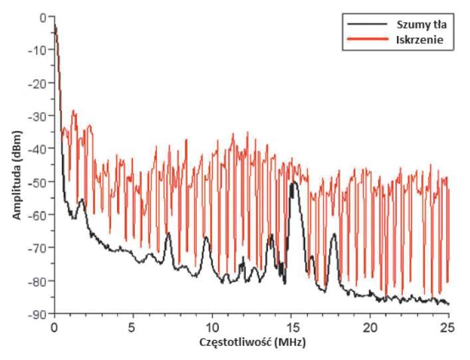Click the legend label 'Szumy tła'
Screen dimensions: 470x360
pyautogui.click(x=421, y=25)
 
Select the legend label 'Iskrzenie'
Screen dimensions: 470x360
pyautogui.click(x=419, y=40)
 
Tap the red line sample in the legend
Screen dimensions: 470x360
pyautogui.click(x=368, y=39)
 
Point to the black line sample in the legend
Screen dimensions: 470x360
pyautogui.click(x=368, y=24)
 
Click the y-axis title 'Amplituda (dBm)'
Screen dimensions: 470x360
pyautogui.click(x=17, y=175)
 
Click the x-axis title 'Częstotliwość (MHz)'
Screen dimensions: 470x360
pyautogui.click(x=253, y=342)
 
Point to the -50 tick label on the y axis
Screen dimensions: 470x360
pyautogui.click(x=37, y=182)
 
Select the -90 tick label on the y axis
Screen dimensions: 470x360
pyautogui.click(x=37, y=314)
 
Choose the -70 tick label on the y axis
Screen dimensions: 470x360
pyautogui.click(x=37, y=248)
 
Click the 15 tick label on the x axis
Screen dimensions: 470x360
pyautogui.click(x=291, y=327)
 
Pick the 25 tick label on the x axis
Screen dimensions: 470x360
pyautogui.click(x=448, y=327)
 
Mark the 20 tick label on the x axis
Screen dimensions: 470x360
pyautogui.click(x=370, y=327)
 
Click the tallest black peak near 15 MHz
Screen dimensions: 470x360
pyautogui.click(x=294, y=182)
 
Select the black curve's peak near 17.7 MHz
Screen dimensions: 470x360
pyautogui.click(x=334, y=234)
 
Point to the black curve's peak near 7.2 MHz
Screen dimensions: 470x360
pyautogui.click(x=169, y=233)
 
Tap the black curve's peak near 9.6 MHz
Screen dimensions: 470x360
pyautogui.click(x=206, y=237)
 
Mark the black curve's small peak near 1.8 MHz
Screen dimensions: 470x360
pyautogui.click(x=82, y=199)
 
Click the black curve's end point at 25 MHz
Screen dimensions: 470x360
pyautogui.click(x=449, y=304)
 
